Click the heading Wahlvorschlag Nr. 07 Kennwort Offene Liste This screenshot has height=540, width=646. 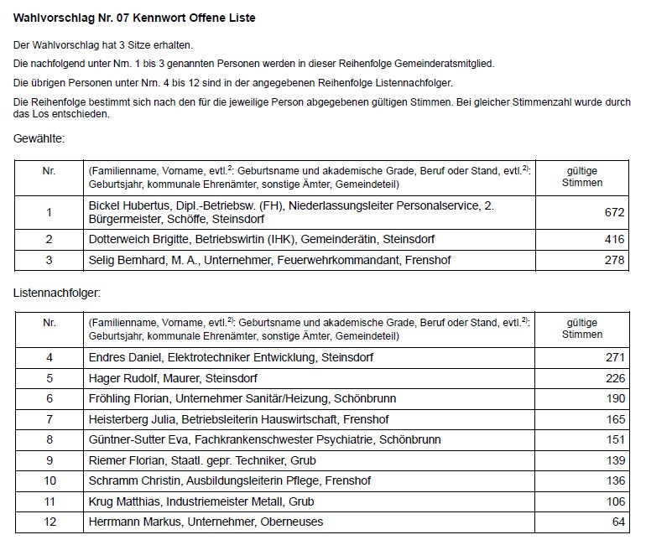[x=135, y=18]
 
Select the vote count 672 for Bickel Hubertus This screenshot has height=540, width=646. [x=614, y=212]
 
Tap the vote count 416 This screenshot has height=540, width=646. [x=614, y=240]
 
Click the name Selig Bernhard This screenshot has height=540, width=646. [x=126, y=260]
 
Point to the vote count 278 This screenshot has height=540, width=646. [x=614, y=260]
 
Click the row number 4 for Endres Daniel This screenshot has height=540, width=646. [x=49, y=357]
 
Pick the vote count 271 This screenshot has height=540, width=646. [x=614, y=357]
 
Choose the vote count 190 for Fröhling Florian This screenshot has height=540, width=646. [x=614, y=398]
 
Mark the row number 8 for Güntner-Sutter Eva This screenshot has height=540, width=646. [x=49, y=439]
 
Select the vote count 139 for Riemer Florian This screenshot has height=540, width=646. [x=614, y=460]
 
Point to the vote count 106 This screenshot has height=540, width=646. [x=614, y=501]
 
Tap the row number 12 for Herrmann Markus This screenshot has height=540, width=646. [x=49, y=522]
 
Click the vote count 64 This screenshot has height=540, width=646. [x=617, y=522]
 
